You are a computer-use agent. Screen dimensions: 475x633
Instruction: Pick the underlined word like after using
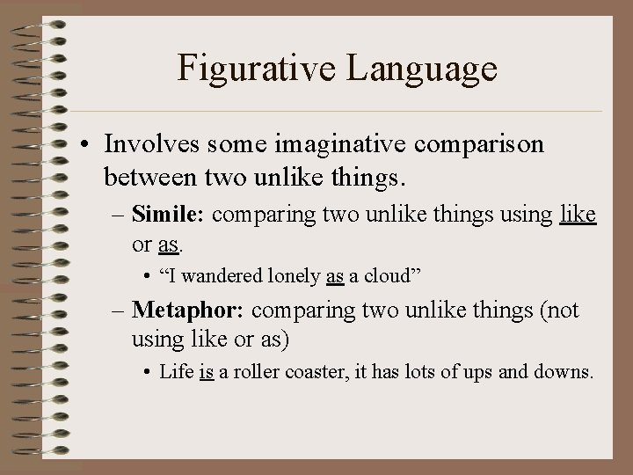coord(578,214)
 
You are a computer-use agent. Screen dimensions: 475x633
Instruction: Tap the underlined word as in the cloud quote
coord(334,275)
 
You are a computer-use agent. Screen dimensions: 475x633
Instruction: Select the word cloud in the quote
coord(389,275)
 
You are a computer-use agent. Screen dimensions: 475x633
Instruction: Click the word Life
coord(176,372)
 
